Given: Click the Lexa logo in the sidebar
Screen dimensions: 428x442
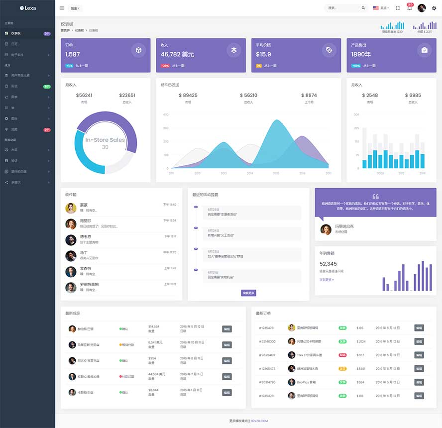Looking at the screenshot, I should tap(27, 8).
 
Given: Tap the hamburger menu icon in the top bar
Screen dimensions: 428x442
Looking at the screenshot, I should tap(61, 8).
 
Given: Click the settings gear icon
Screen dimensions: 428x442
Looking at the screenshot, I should tap(434, 8).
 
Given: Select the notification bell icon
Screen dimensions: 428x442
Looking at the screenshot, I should tap(409, 8).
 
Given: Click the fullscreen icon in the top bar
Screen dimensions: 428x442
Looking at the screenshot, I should tap(398, 8).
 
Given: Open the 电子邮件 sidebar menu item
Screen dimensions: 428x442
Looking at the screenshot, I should tap(17, 54).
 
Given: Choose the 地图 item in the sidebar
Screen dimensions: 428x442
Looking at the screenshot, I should tap(14, 129).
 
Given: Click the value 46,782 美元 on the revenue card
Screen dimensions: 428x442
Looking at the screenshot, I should tap(177, 54).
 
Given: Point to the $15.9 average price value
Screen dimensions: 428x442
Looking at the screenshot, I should tap(263, 54).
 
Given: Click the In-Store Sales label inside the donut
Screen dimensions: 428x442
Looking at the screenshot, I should tap(105, 140).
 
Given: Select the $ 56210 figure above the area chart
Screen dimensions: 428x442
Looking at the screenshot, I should tap(248, 95).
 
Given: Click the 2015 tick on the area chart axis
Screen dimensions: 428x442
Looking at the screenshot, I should tap(276, 173).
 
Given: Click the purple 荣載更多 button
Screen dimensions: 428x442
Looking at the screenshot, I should tap(248, 293).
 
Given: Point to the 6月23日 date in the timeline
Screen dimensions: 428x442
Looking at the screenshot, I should tap(213, 251).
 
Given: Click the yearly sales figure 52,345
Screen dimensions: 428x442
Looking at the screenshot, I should tap(328, 264).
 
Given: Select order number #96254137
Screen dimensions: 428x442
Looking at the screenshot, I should tap(267, 355).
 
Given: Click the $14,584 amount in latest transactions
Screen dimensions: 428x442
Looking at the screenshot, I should tap(154, 326).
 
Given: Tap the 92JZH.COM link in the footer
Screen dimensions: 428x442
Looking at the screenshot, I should tap(259, 421).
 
